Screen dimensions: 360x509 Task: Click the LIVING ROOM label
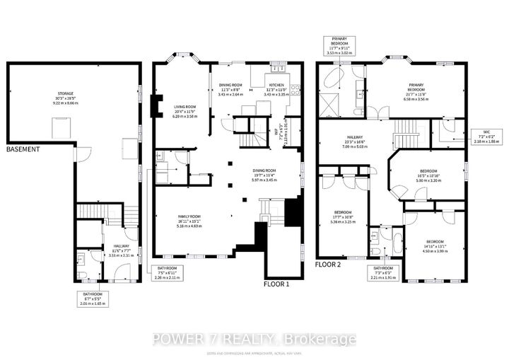point(184,110)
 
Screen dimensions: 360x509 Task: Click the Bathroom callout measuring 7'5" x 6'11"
point(167,273)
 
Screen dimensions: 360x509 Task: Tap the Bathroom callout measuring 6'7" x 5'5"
point(91,298)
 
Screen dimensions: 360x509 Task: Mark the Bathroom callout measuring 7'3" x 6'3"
point(384,273)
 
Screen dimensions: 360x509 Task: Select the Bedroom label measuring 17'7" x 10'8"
point(343,216)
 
